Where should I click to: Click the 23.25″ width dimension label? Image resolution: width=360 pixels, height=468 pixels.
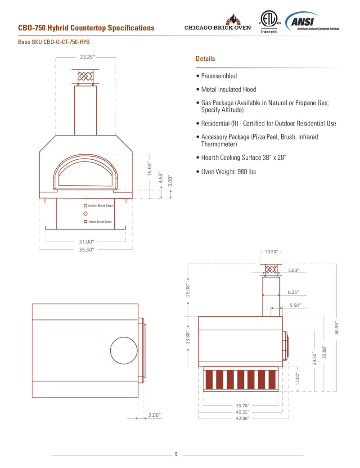tap(87, 58)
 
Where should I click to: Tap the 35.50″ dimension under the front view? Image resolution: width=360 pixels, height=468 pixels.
tap(87, 249)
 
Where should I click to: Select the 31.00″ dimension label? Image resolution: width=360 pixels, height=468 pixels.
tap(87, 242)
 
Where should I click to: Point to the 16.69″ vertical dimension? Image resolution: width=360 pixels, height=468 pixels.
tap(150, 168)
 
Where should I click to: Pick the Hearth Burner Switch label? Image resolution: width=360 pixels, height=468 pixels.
tap(100, 222)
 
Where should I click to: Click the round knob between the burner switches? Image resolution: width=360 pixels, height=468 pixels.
tap(85, 214)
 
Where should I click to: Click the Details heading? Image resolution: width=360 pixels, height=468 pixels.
tap(205, 59)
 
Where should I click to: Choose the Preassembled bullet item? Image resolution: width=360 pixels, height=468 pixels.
tap(216, 76)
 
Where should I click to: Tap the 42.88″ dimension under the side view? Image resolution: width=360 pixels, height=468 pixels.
tap(243, 418)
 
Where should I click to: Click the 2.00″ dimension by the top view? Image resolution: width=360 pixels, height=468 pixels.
tap(154, 415)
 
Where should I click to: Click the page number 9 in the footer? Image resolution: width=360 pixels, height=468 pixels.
tap(176, 454)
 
